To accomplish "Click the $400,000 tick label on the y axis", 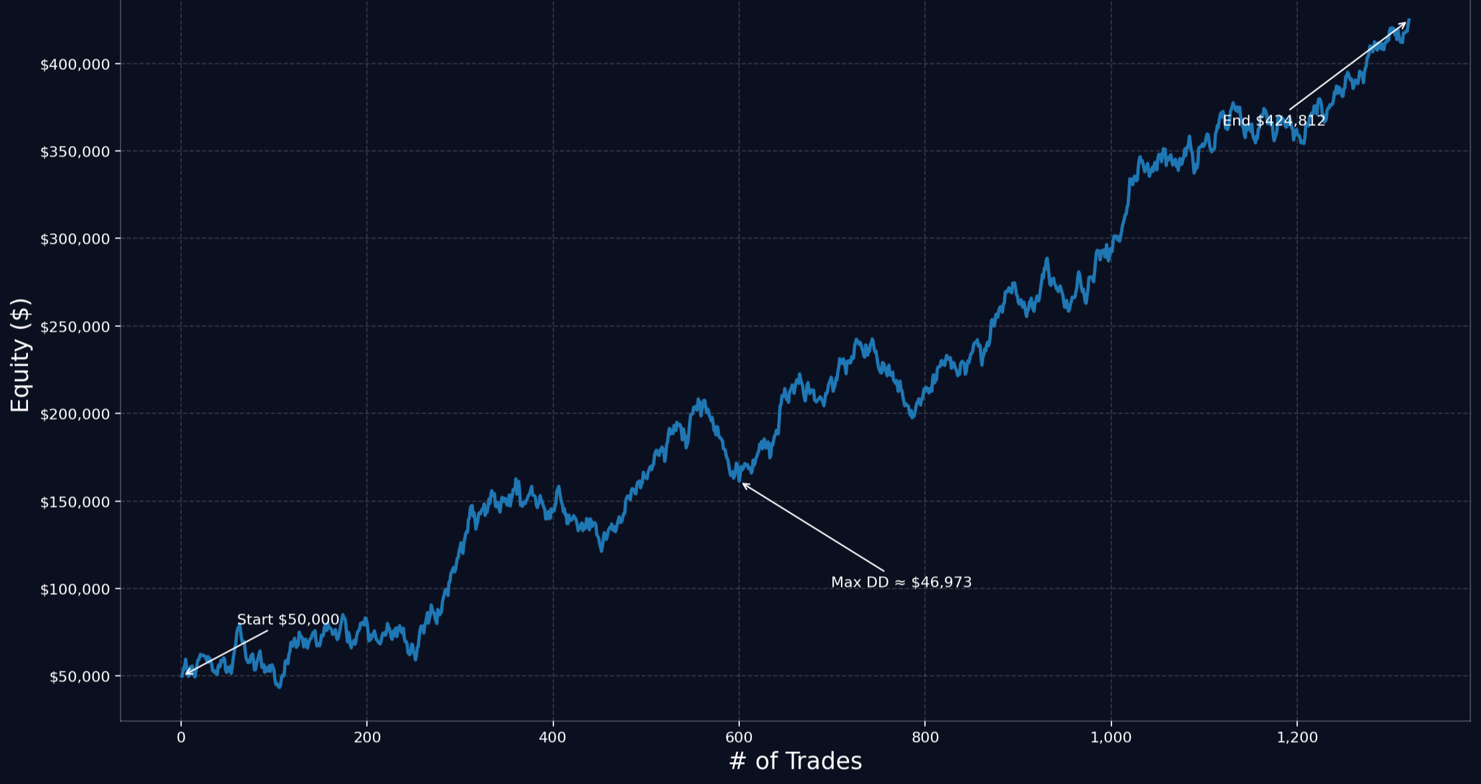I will coord(75,65).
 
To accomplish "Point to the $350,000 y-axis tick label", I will coord(75,152).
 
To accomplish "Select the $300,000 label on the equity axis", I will coord(75,239).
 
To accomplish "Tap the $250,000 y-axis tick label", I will coord(75,327).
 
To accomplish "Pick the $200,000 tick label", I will coord(75,414).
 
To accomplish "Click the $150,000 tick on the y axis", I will coord(75,502).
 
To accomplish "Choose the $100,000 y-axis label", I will coord(75,589).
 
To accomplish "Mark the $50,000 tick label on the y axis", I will coord(80,677).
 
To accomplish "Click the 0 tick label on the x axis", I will coord(181,737).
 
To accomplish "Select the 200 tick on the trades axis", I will coord(367,737).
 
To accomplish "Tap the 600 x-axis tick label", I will coord(739,737).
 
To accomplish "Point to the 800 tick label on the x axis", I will coord(925,737).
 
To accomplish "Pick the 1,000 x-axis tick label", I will coord(1111,737).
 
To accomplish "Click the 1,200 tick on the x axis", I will coord(1297,737).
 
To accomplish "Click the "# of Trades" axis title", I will coord(795,761).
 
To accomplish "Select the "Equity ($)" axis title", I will coord(21,355).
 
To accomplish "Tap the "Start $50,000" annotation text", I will coord(288,619).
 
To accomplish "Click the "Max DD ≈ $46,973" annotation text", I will coord(901,582).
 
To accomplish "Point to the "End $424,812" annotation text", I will coord(1274,121).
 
